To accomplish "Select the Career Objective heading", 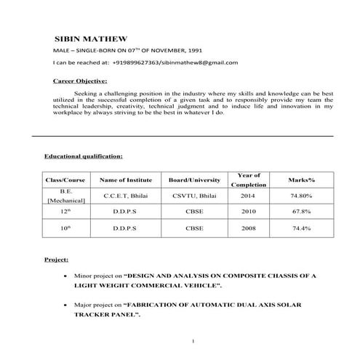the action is [x=81, y=81].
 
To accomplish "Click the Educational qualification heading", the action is [x=84, y=156].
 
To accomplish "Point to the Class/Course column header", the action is [x=66, y=179].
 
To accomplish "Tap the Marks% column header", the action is [x=301, y=179].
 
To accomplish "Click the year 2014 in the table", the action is [x=248, y=196].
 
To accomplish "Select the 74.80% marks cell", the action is [x=301, y=196].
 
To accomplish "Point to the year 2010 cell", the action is [x=248, y=212].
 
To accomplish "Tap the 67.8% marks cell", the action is [x=301, y=212].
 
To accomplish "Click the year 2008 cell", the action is [x=248, y=228].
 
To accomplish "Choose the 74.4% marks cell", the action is [x=301, y=228].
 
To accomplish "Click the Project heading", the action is [x=57, y=259].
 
